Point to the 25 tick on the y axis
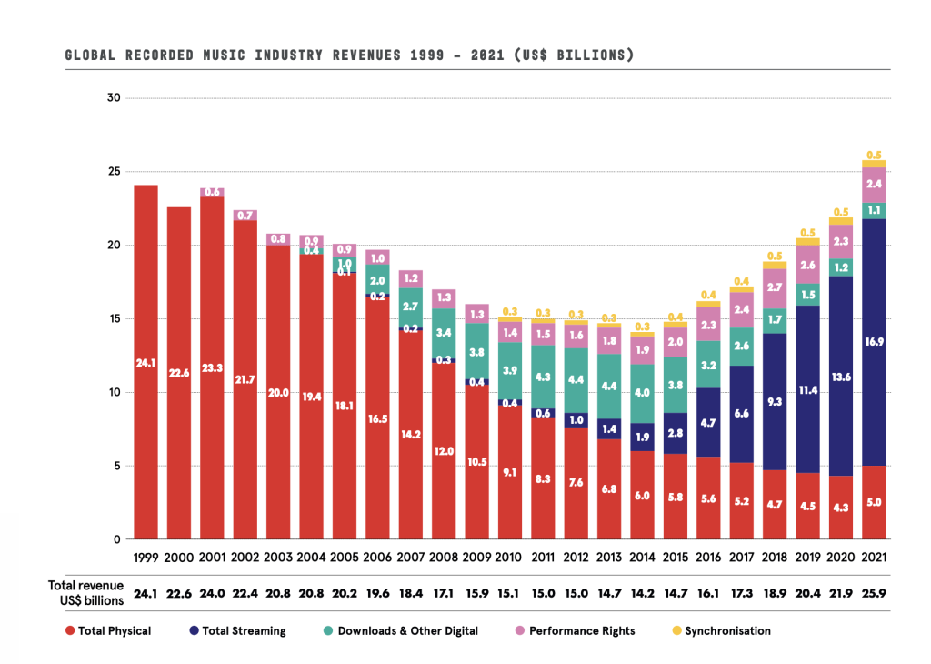click(115, 171)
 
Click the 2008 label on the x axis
click(444, 557)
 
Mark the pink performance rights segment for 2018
click(776, 287)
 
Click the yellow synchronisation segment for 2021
click(875, 164)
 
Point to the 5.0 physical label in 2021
click(875, 502)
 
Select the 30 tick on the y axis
click(115, 97)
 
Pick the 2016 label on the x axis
click(709, 557)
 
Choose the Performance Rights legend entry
click(576, 630)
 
